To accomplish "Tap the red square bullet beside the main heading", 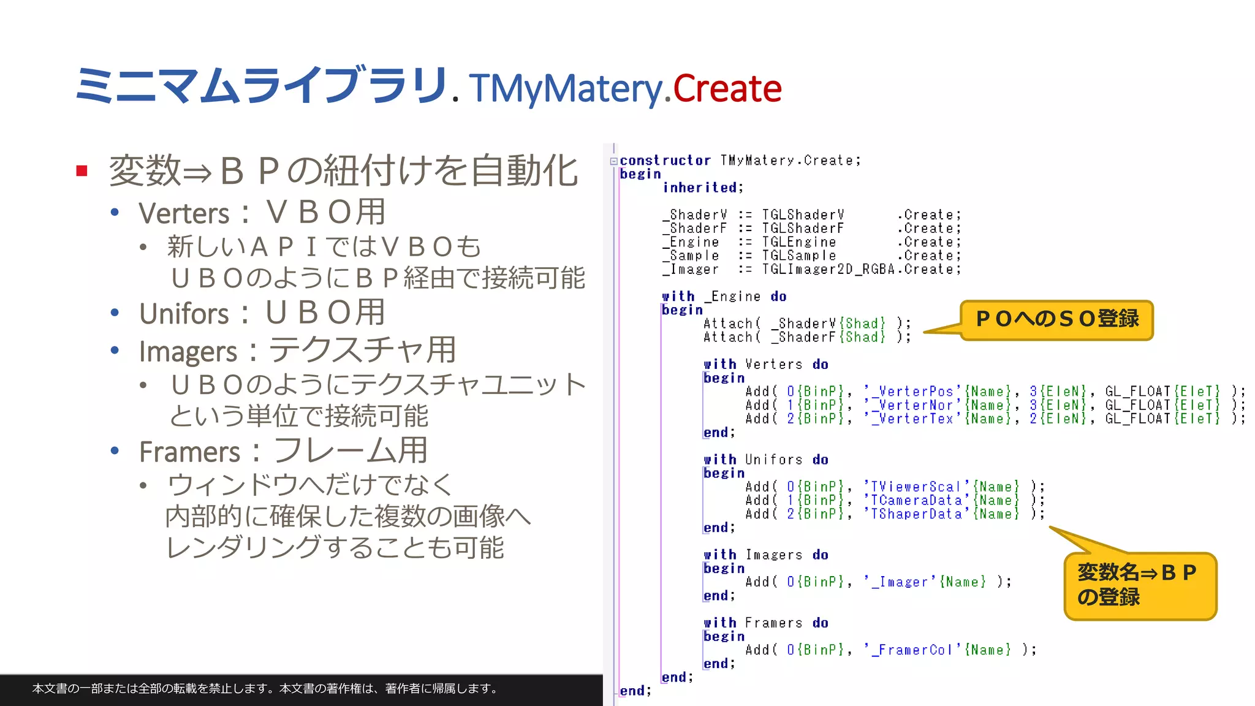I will point(82,170).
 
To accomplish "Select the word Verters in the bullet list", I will point(184,214).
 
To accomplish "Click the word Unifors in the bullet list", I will point(184,314).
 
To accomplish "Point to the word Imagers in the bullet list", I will point(188,352).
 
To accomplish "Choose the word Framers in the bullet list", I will point(189,452).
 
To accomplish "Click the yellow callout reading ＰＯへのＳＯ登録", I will point(1056,319).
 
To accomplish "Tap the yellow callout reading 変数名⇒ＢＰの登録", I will point(1139,585).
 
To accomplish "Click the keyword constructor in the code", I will point(665,161).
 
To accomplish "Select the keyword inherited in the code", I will point(702,188).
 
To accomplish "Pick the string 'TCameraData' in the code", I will point(917,500).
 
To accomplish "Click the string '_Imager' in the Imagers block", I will point(900,582).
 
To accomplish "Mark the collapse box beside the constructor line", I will point(613,161).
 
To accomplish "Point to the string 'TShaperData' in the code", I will point(917,514).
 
